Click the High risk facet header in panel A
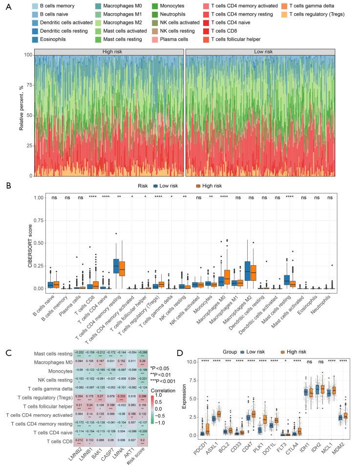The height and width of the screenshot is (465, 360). [107, 51]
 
